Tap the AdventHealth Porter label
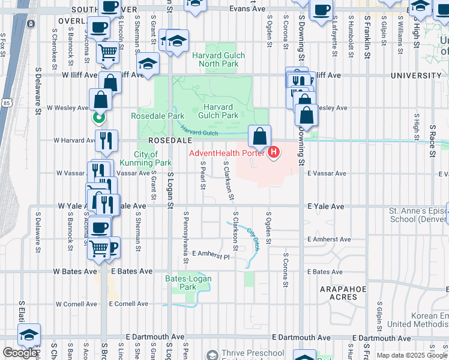click(x=227, y=153)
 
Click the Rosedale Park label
click(x=158, y=116)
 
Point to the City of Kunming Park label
click(x=153, y=158)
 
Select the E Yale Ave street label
click(x=327, y=206)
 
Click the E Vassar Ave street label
click(x=327, y=173)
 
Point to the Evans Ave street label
click(x=248, y=10)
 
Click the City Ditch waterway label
click(x=253, y=242)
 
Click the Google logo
click(x=20, y=353)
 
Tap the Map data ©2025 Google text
click(x=412, y=355)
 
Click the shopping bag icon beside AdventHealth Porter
click(x=259, y=137)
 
